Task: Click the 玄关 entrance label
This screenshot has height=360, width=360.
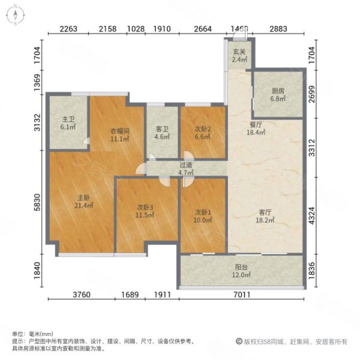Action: point(238,52)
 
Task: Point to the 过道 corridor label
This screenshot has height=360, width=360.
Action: point(185,166)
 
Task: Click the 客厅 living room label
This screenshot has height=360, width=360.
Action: point(266,212)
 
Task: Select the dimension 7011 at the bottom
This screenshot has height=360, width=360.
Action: point(242,295)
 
